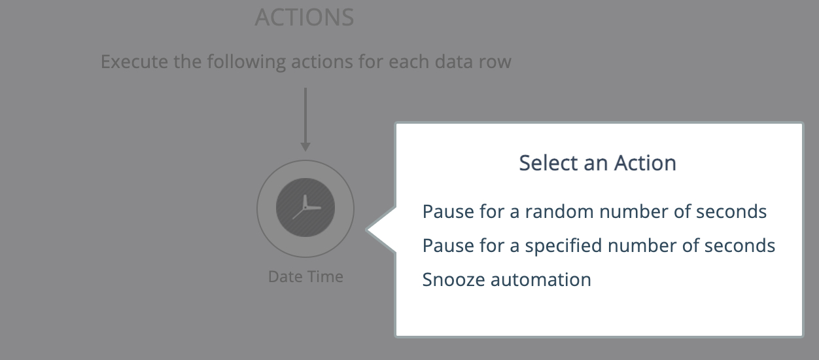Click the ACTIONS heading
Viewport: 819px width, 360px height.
tap(304, 17)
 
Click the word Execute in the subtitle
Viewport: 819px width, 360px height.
tap(135, 61)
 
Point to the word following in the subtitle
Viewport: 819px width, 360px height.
tap(247, 62)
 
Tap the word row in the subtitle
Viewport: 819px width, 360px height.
tap(495, 62)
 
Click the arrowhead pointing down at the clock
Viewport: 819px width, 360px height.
tap(305, 147)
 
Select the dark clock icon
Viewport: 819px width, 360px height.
tap(305, 207)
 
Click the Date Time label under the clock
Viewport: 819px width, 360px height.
tap(305, 277)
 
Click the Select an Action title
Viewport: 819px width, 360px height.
tap(597, 163)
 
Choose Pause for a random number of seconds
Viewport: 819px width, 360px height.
tap(595, 211)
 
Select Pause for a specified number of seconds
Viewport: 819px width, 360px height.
tap(599, 245)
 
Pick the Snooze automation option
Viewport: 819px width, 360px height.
tap(507, 279)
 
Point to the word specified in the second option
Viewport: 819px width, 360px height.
tap(563, 245)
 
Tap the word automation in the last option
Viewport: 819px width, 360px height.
tap(541, 279)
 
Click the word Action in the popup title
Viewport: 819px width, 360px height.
tap(645, 163)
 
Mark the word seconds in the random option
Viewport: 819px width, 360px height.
tap(731, 211)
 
